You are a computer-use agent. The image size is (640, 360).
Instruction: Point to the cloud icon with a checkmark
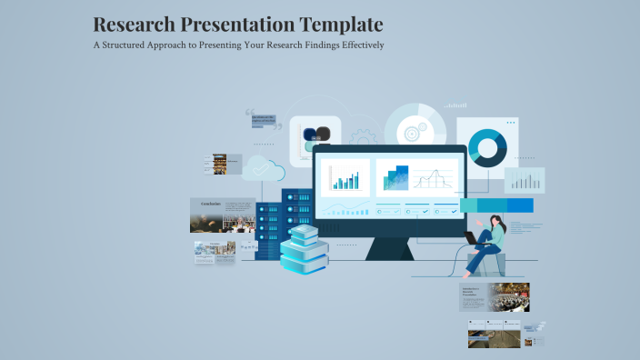tap(264, 168)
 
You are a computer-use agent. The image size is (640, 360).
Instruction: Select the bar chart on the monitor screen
tap(345, 177)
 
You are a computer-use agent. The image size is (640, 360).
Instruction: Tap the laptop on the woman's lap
tap(472, 237)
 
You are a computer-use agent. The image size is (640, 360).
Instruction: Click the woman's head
tap(496, 220)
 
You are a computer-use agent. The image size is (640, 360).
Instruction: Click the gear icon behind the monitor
tap(364, 137)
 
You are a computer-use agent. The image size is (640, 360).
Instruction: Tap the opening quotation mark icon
tap(250, 115)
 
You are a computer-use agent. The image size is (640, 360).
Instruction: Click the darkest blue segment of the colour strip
tap(520, 205)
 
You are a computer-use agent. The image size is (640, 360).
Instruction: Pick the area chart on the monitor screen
tap(393, 177)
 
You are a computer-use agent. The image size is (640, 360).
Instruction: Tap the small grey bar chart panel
tap(525, 180)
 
